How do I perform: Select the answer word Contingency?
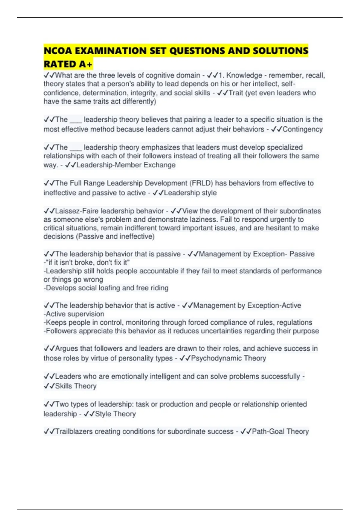click(x=302, y=129)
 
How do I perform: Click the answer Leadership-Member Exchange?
click(x=126, y=165)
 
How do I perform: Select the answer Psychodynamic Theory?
click(x=228, y=358)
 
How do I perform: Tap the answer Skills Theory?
click(x=76, y=386)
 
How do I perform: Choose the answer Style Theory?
click(x=115, y=414)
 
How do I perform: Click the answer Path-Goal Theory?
click(x=280, y=431)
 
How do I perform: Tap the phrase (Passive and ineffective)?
click(x=115, y=236)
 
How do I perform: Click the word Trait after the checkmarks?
click(x=236, y=93)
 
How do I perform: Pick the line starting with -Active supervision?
click(x=74, y=314)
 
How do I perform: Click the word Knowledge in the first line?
click(x=244, y=75)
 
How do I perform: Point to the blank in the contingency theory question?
click(x=76, y=120)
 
